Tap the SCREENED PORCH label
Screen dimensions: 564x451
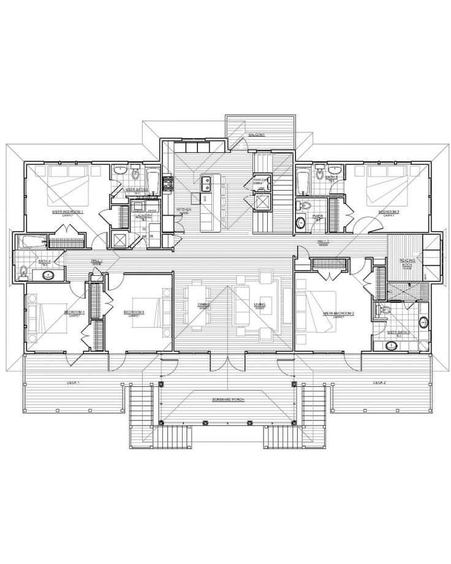point(227,398)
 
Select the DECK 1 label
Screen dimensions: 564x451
point(74,382)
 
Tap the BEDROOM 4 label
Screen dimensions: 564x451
point(74,313)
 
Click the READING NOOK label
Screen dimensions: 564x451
point(407,262)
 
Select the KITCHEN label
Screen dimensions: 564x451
point(184,210)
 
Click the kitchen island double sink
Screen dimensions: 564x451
point(207,181)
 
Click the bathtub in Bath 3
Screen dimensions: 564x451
point(302,181)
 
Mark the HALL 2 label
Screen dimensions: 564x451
point(324,242)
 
